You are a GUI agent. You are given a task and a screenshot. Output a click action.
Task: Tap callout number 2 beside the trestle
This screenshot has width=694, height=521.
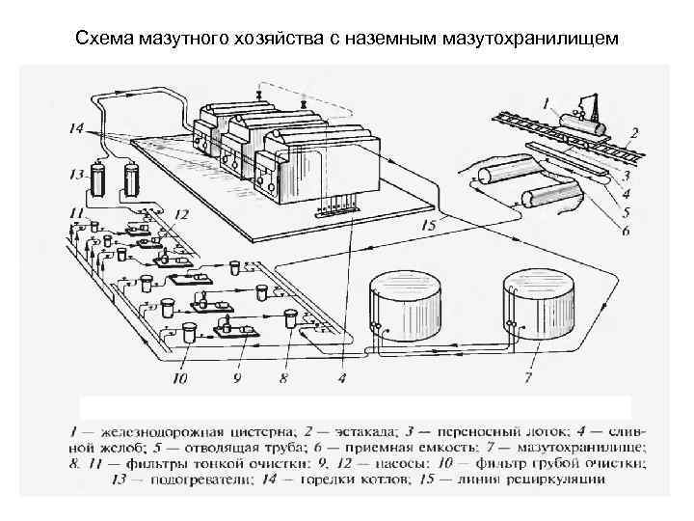pyautogui.click(x=634, y=132)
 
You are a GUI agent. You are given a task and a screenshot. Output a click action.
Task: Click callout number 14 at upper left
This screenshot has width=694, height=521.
pyautogui.click(x=77, y=126)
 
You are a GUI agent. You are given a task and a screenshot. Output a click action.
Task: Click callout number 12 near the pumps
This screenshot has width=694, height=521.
pyautogui.click(x=180, y=213)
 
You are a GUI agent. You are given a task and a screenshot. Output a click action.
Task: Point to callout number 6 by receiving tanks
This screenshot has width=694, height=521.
pyautogui.click(x=627, y=232)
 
